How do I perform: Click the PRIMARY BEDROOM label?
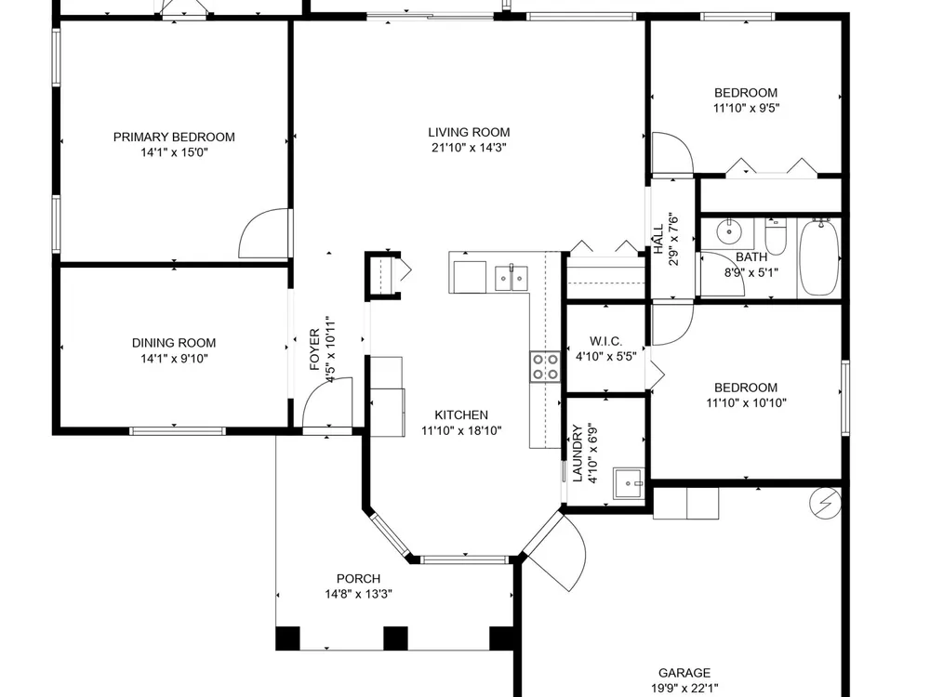coord(174,137)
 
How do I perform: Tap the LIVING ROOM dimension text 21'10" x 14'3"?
coord(469,148)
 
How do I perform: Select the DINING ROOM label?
coord(174,343)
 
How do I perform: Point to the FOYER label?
coord(315,349)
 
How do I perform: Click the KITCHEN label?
coord(461,414)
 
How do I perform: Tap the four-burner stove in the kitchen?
coord(544,367)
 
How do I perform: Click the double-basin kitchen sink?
coord(511,279)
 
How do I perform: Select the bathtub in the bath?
coord(818,256)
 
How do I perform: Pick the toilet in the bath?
coord(776,235)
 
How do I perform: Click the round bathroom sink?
coord(727,231)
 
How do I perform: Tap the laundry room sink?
coord(629,484)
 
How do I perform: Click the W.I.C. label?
coord(605,341)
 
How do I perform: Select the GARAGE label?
coord(684,673)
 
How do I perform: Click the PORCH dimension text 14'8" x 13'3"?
coord(358,594)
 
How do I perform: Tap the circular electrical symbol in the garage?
coord(825,503)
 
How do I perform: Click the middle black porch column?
coord(395,638)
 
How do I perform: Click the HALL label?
coord(658,240)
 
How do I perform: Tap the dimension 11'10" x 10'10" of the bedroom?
coord(746,403)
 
